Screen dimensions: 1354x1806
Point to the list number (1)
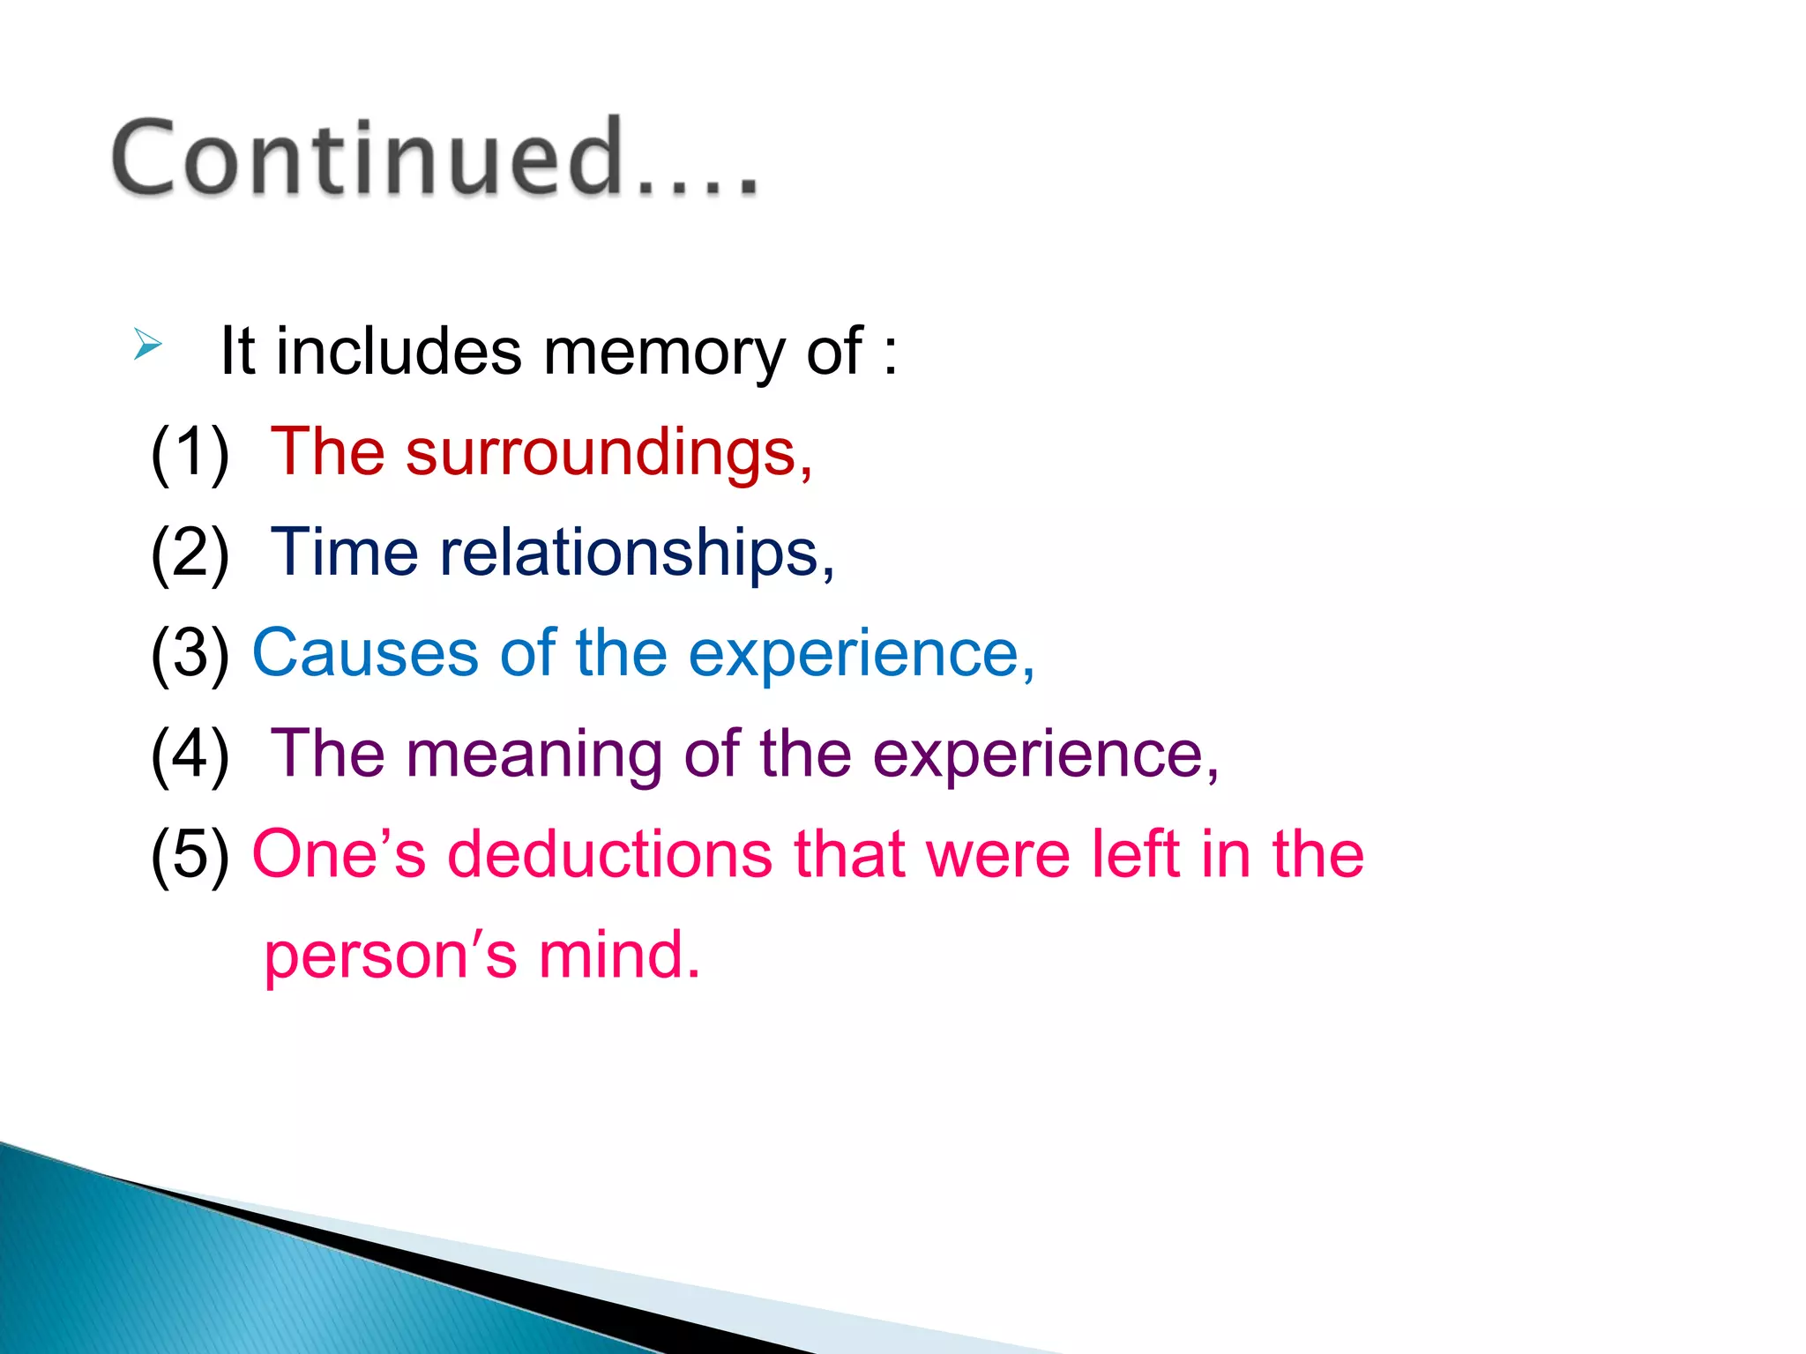[190, 453]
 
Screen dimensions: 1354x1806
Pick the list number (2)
[190, 554]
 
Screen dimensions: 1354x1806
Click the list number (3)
[190, 654]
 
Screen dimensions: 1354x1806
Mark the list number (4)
[190, 755]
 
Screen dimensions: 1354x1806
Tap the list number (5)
[190, 855]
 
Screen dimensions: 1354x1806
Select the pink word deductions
[609, 854]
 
